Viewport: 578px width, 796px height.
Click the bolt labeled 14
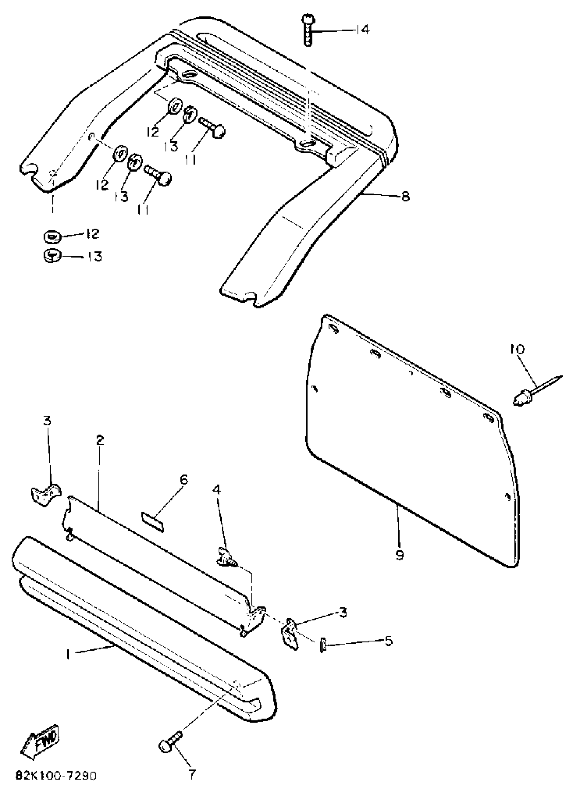coord(308,31)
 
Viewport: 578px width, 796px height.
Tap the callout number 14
coord(361,30)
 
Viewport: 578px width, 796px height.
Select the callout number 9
coord(400,554)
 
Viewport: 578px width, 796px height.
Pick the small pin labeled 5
coord(322,645)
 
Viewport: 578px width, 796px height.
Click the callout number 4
coord(217,490)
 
